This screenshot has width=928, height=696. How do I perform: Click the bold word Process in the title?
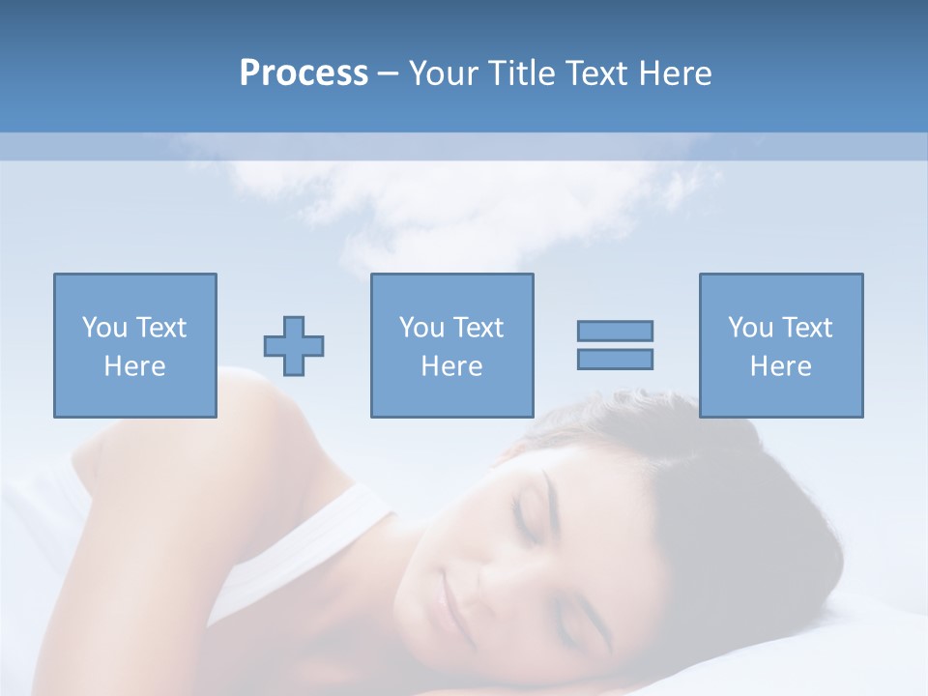coord(304,73)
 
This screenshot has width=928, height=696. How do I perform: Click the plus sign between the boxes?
coord(294,346)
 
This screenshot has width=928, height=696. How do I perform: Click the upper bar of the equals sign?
coord(615,331)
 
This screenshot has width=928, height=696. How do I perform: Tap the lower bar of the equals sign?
coord(615,359)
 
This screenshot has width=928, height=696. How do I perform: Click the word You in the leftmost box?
coord(103,328)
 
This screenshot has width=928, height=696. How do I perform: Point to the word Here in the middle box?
coord(451,366)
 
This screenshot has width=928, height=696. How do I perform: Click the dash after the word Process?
coord(389,74)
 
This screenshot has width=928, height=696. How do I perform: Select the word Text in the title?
coord(591,73)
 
